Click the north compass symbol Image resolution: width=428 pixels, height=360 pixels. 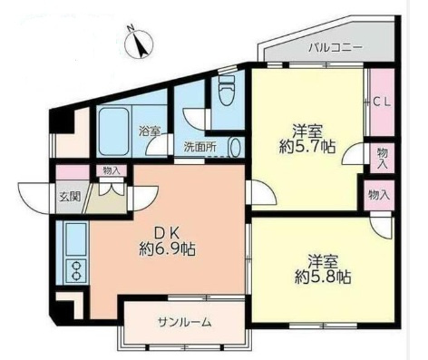coord(140,44)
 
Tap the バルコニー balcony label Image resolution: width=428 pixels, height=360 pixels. coord(336,48)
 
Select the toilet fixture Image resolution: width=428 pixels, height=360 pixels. coord(227,89)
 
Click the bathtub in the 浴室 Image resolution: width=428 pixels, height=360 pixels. coord(114,131)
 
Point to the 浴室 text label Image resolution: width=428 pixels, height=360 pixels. coord(150,131)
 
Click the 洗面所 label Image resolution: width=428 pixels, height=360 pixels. coord(200,147)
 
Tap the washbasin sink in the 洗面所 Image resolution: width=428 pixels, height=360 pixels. coord(236,148)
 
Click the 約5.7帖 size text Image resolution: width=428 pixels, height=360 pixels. coord(307,147)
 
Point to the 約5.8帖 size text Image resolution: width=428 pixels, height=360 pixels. coord(323,277)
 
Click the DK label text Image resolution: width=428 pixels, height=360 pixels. coord(167,233)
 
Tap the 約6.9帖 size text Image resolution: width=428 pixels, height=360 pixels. coord(167,249)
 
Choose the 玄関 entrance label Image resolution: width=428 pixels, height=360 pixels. coord(70,197)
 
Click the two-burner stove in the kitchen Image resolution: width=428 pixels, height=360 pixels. coord(76,271)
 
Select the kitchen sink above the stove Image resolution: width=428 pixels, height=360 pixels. coord(76,239)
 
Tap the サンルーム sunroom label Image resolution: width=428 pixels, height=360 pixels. coord(184,323)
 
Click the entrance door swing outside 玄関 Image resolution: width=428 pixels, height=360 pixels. coord(34,198)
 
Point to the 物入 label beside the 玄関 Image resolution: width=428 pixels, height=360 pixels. coord(112,170)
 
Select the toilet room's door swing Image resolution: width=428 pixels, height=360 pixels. coord(195,119)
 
